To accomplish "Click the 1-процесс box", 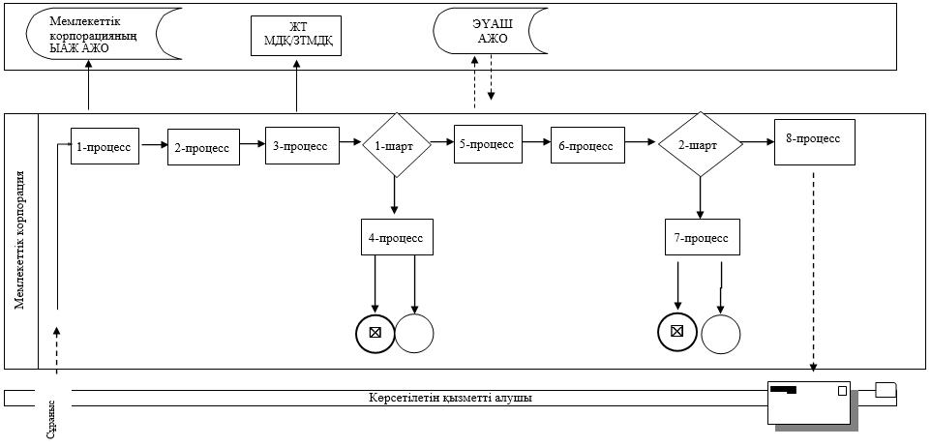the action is tap(105, 145).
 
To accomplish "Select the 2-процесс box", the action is tap(203, 147).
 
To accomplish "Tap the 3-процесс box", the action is tap(302, 145).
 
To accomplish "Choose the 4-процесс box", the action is tap(397, 237).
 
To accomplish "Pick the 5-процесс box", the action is tap(488, 143).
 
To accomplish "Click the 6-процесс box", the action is tap(587, 145).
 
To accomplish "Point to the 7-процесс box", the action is tap(703, 237).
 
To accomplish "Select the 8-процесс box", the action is tap(815, 142).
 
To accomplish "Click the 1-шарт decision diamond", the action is tap(397, 145).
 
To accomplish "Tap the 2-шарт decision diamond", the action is tap(701, 144).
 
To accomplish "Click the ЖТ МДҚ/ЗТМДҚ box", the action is tap(296, 35).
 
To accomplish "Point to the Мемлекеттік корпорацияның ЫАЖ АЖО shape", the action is tap(104, 34).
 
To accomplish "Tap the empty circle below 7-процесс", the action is tap(721, 334).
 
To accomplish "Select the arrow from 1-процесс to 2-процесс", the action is tap(154, 144).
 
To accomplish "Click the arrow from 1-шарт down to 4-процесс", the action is tap(394, 195).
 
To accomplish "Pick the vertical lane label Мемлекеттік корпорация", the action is tap(19, 240).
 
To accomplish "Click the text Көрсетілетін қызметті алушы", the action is tap(449, 398).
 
